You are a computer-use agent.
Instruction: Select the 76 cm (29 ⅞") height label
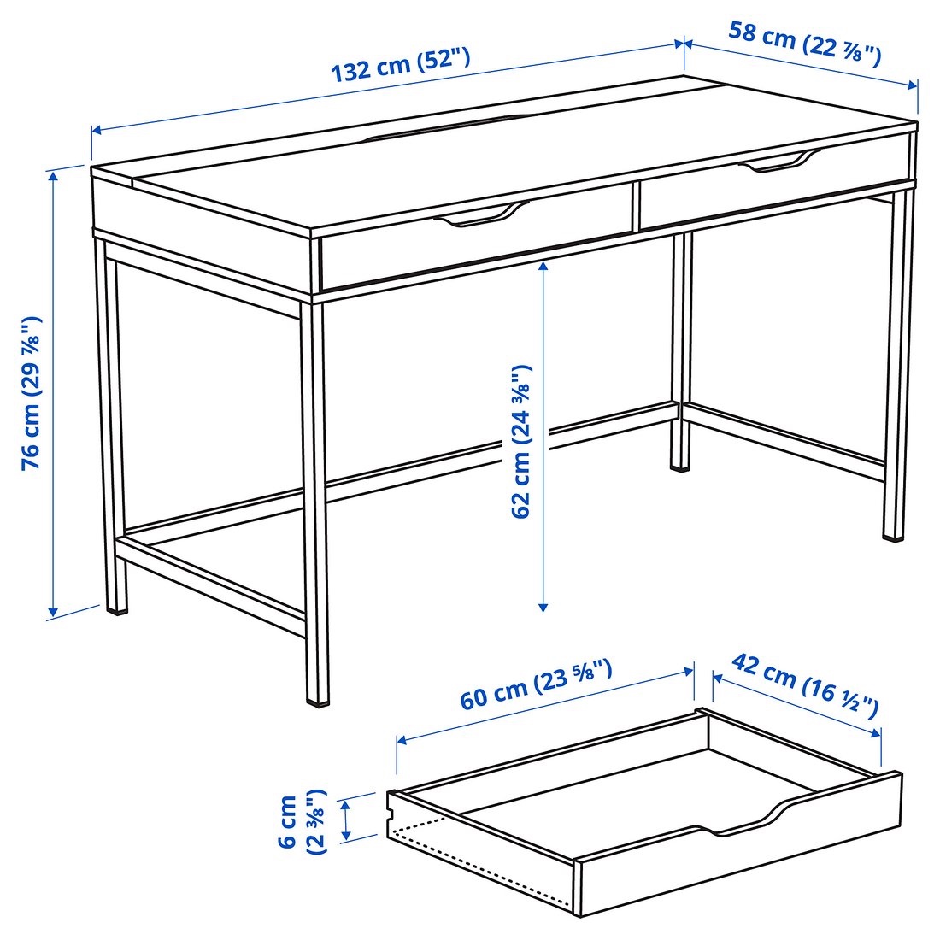(32, 393)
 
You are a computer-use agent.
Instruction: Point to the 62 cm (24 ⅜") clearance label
(521, 442)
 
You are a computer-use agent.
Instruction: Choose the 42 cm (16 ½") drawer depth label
(804, 684)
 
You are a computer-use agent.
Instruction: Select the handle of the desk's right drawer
(778, 162)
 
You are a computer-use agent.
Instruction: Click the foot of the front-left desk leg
(117, 609)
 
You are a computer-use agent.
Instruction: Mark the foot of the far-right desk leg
(893, 537)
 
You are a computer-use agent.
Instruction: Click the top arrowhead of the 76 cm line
(54, 174)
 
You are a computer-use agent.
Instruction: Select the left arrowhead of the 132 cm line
(95, 131)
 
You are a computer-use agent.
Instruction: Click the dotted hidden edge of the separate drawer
(479, 863)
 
